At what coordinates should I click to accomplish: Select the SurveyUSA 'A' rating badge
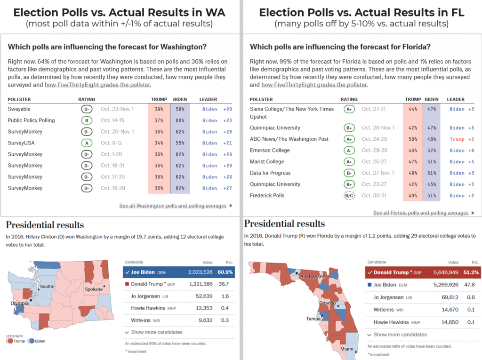pyautogui.click(x=86, y=143)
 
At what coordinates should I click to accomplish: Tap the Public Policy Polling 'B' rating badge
pyautogui.click(x=86, y=120)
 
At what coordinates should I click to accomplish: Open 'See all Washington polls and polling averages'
pyautogui.click(x=172, y=206)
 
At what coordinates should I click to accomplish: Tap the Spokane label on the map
pyautogui.click(x=94, y=289)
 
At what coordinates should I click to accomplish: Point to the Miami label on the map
pyautogui.click(x=347, y=349)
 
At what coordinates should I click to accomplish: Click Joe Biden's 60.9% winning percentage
pyautogui.click(x=225, y=272)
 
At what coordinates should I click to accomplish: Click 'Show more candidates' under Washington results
pyautogui.click(x=153, y=332)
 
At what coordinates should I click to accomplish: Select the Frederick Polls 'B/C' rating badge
pyautogui.click(x=349, y=196)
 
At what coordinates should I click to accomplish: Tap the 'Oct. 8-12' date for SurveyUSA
pyautogui.click(x=114, y=143)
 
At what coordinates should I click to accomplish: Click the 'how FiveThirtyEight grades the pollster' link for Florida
pyautogui.click(x=314, y=85)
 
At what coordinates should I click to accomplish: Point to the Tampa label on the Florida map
pyautogui.click(x=313, y=318)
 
